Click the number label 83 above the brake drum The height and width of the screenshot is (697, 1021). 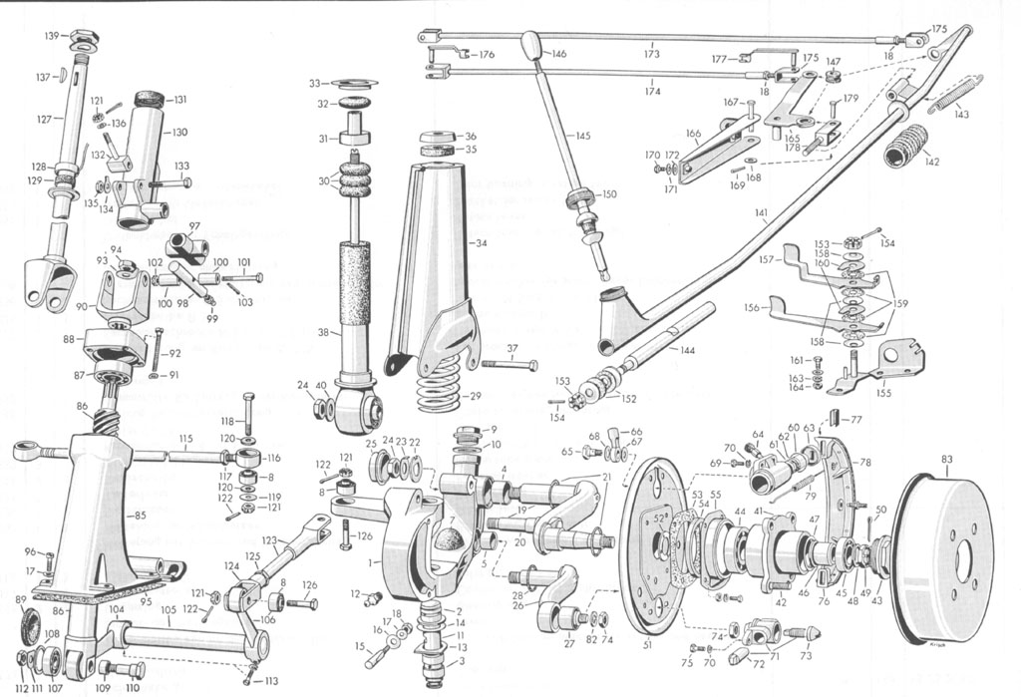tap(946, 460)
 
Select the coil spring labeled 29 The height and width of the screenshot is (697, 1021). tap(437, 386)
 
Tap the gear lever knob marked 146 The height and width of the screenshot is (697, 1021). tap(531, 46)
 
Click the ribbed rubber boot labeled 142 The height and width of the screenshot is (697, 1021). tap(905, 146)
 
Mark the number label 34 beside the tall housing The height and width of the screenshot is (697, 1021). tap(482, 242)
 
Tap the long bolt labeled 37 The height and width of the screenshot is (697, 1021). tap(510, 364)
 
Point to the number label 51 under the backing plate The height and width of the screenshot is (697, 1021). tap(647, 646)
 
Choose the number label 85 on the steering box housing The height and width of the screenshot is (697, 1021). tap(140, 516)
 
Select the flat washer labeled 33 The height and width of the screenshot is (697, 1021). tap(354, 83)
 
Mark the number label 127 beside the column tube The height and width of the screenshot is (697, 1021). tap(44, 120)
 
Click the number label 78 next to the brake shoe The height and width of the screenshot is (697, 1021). tap(864, 462)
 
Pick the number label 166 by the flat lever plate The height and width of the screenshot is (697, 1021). tap(692, 134)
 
